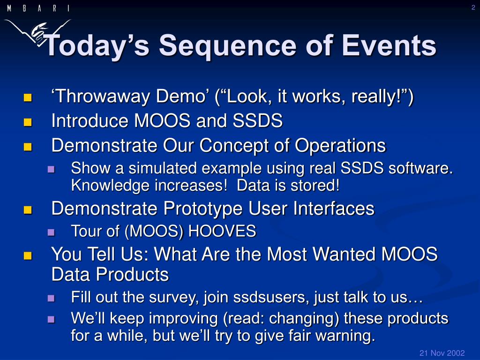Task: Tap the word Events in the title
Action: click(x=389, y=45)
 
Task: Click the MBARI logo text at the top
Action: click(x=38, y=8)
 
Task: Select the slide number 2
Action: click(x=473, y=7)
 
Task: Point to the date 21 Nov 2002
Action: click(x=442, y=353)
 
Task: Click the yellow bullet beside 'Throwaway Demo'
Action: click(x=28, y=97)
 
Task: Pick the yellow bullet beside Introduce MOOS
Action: click(x=28, y=122)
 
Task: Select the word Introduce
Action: click(x=90, y=120)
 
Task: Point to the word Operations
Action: click(x=340, y=145)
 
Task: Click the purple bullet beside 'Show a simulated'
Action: click(x=51, y=169)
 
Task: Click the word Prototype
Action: click(x=203, y=209)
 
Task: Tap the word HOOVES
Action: click(x=222, y=231)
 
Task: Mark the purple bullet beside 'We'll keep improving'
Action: click(x=51, y=320)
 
